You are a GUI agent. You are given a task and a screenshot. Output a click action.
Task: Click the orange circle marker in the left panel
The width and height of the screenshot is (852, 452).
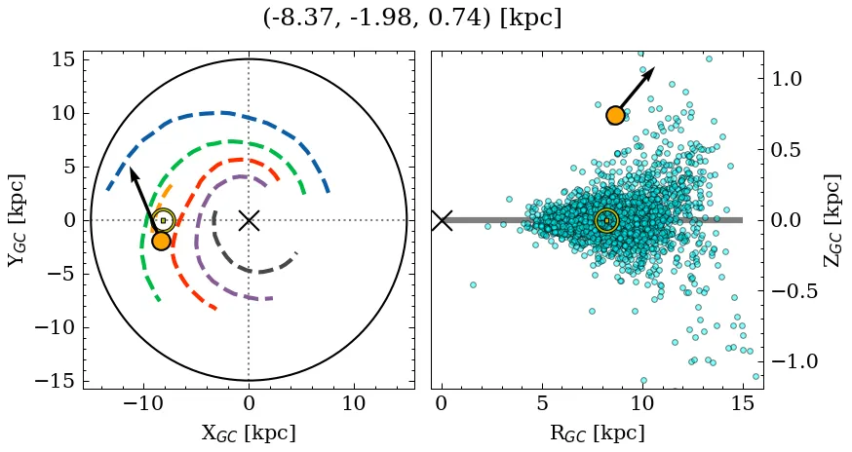point(162,241)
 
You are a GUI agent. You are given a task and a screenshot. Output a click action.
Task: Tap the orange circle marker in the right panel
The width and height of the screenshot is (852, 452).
point(615,115)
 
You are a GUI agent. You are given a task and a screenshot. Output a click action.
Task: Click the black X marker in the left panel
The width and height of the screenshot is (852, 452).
point(249,220)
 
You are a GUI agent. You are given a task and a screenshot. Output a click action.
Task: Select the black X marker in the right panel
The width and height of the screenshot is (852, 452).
point(442,220)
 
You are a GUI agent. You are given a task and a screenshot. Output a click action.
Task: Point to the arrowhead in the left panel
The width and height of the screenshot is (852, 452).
point(132,172)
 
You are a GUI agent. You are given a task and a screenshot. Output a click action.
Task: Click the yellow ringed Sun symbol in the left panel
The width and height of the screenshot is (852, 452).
point(164,220)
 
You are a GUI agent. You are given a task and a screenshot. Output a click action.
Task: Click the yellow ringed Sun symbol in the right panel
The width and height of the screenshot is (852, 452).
point(606,220)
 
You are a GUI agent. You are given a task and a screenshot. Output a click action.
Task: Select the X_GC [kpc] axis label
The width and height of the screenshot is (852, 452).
point(249,433)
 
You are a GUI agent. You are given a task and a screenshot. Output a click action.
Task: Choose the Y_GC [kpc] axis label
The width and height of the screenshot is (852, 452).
point(16,220)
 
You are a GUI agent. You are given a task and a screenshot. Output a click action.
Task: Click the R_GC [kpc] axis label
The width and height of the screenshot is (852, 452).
point(598,433)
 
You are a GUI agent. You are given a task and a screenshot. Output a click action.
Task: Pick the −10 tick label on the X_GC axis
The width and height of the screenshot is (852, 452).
point(144,403)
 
